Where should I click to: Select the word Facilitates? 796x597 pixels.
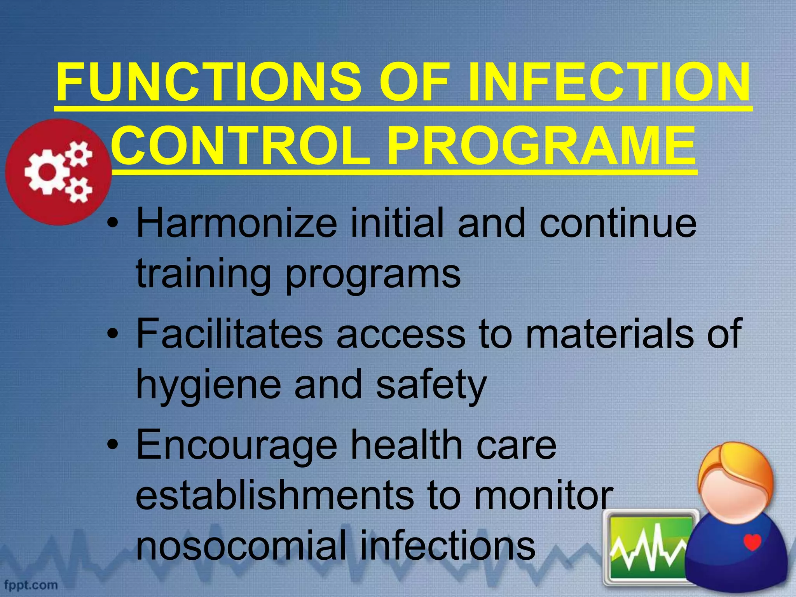(x=229, y=333)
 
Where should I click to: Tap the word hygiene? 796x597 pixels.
(x=208, y=385)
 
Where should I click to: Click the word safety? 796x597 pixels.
(x=431, y=385)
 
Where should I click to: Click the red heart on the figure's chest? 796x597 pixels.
(x=752, y=542)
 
